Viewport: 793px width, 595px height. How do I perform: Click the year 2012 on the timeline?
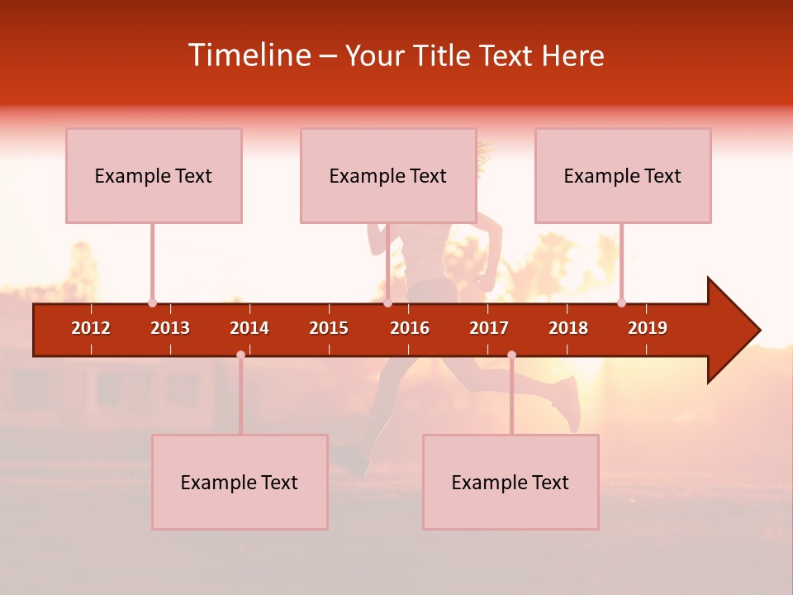91,328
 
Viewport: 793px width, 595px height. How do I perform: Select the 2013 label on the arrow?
170,328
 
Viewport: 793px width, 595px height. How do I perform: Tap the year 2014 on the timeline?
249,328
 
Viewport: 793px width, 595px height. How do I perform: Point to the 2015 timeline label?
329,328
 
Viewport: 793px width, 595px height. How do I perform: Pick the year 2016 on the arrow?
410,328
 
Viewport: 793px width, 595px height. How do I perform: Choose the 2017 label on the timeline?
489,328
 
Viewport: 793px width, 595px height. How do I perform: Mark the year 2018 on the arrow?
568,328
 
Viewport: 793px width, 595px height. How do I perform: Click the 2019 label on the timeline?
648,328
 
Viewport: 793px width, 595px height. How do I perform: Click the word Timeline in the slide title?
249,55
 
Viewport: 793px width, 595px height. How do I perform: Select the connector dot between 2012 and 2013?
152,302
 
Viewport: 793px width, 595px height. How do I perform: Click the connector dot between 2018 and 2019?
621,302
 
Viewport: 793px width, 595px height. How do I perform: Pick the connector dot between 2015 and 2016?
387,302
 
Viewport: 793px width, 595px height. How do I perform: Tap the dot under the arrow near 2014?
240,355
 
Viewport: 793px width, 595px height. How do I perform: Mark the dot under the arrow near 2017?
511,355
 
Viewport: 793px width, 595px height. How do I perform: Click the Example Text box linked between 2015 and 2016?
387,175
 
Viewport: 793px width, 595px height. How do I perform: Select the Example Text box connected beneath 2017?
510,482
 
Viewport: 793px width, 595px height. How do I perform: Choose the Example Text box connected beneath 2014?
240,482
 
